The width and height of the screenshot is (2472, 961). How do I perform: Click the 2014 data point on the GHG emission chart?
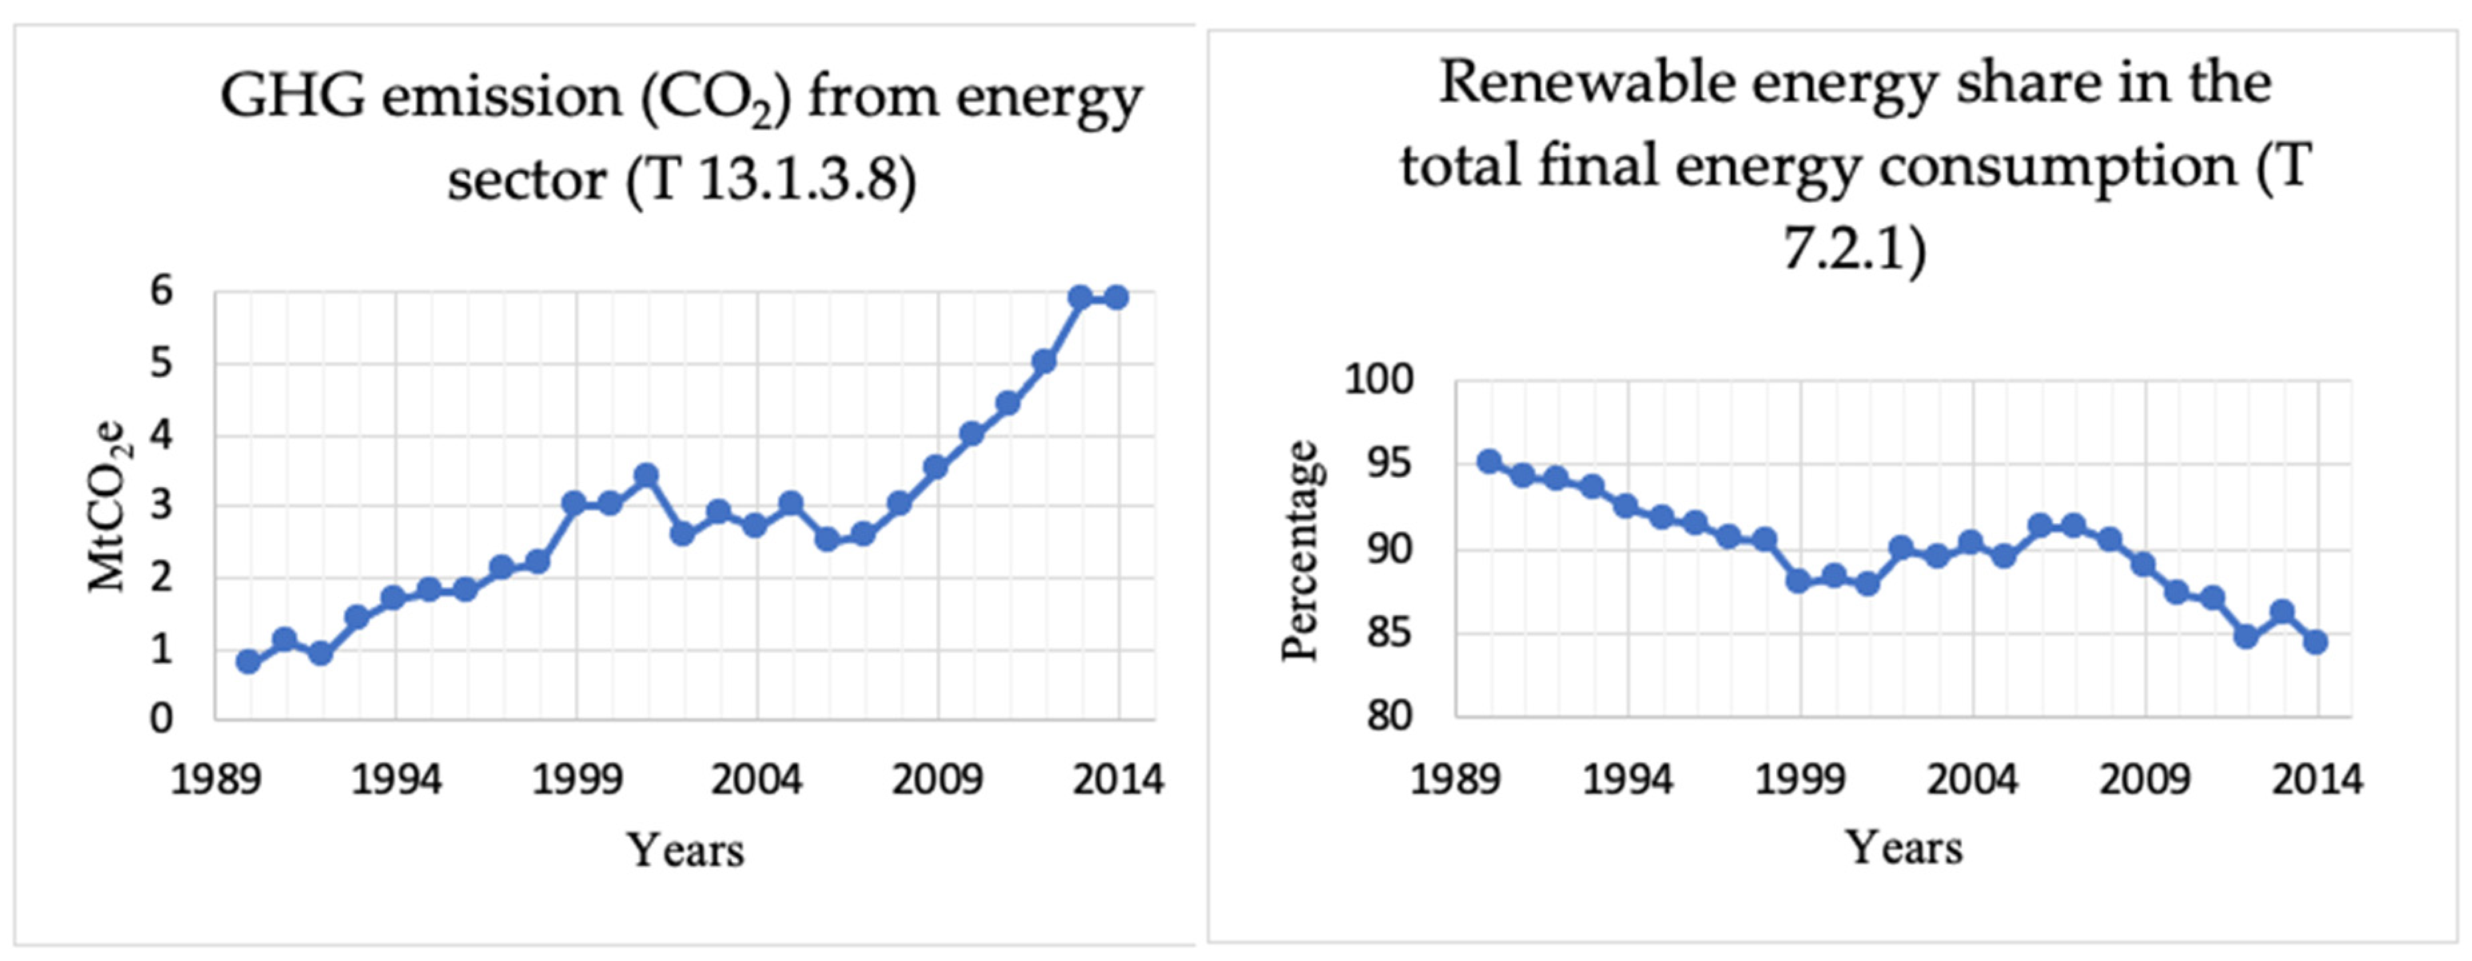(1116, 298)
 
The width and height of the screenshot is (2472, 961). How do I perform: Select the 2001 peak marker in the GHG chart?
(646, 474)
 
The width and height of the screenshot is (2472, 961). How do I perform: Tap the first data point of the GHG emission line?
(248, 662)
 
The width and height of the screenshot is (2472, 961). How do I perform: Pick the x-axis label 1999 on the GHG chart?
(576, 779)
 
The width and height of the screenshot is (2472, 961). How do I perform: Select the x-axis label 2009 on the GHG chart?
(937, 779)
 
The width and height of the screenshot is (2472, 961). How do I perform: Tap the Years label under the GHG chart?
(685, 850)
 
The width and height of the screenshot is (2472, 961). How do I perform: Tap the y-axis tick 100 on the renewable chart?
(1378, 380)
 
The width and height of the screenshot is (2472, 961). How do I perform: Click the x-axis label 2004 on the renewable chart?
(1972, 779)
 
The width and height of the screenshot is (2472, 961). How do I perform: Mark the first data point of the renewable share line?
(1489, 461)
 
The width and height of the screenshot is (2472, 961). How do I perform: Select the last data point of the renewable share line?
(2316, 641)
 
